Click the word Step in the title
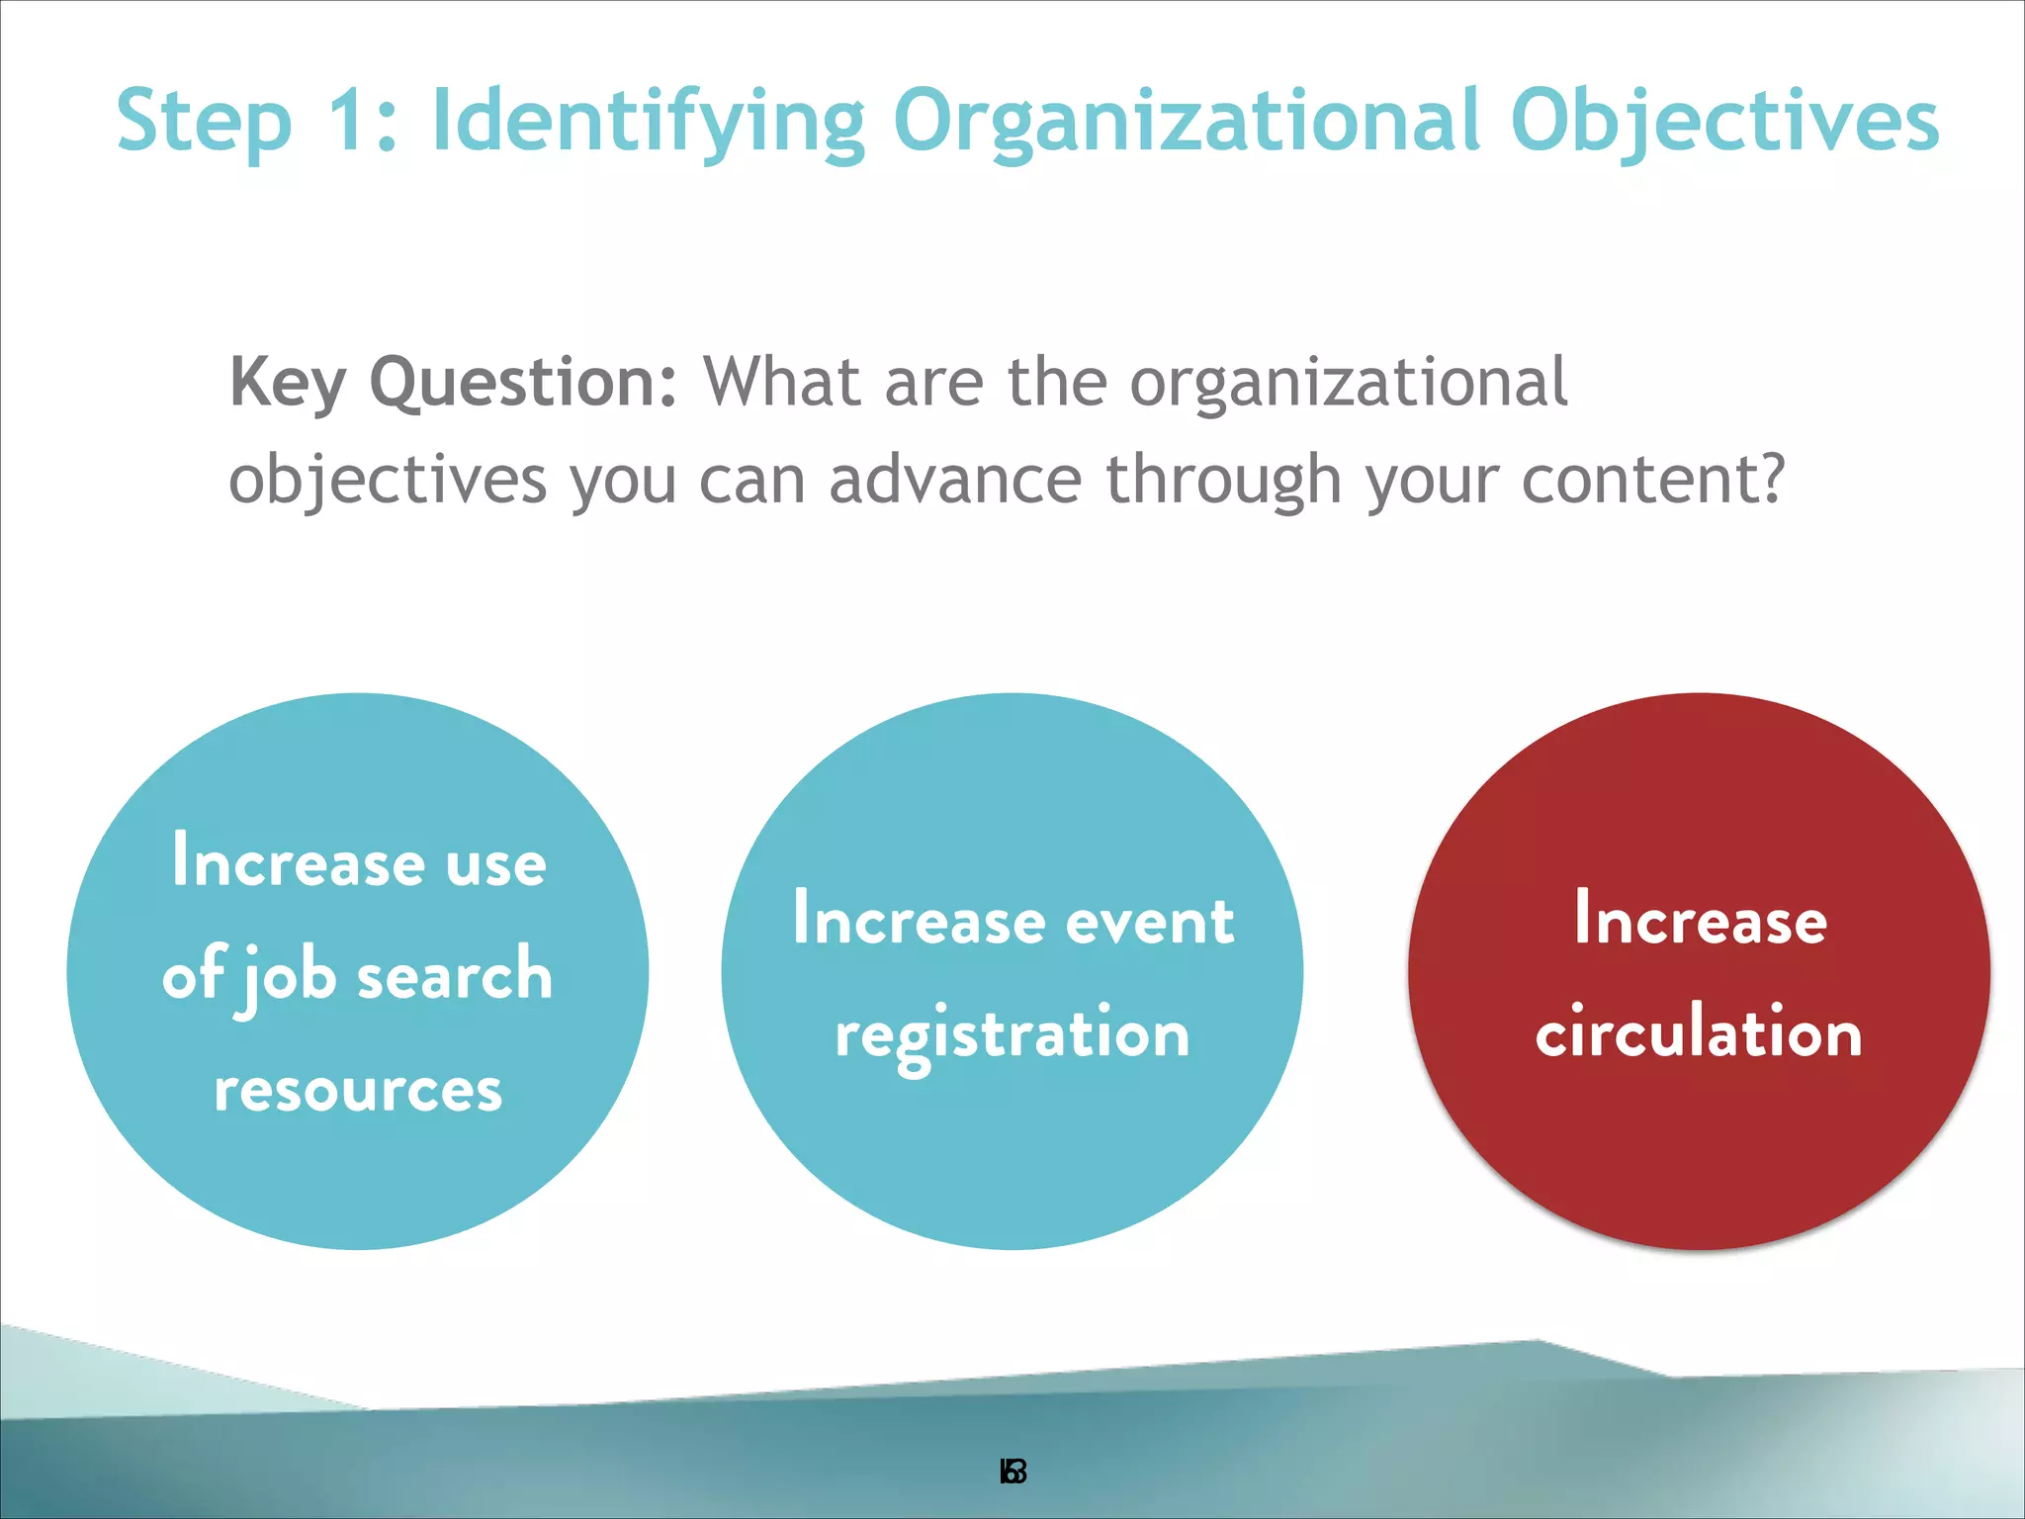(x=205, y=123)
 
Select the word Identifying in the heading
(x=649, y=123)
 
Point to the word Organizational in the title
(x=1187, y=123)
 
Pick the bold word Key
(x=288, y=384)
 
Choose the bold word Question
(x=523, y=384)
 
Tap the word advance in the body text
(x=955, y=480)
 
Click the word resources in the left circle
(x=358, y=1090)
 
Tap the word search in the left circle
(x=454, y=974)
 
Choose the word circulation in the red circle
(x=1699, y=1032)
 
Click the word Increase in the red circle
(x=1700, y=919)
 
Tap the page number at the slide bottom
(x=1012, y=1473)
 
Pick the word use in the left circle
(x=495, y=863)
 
